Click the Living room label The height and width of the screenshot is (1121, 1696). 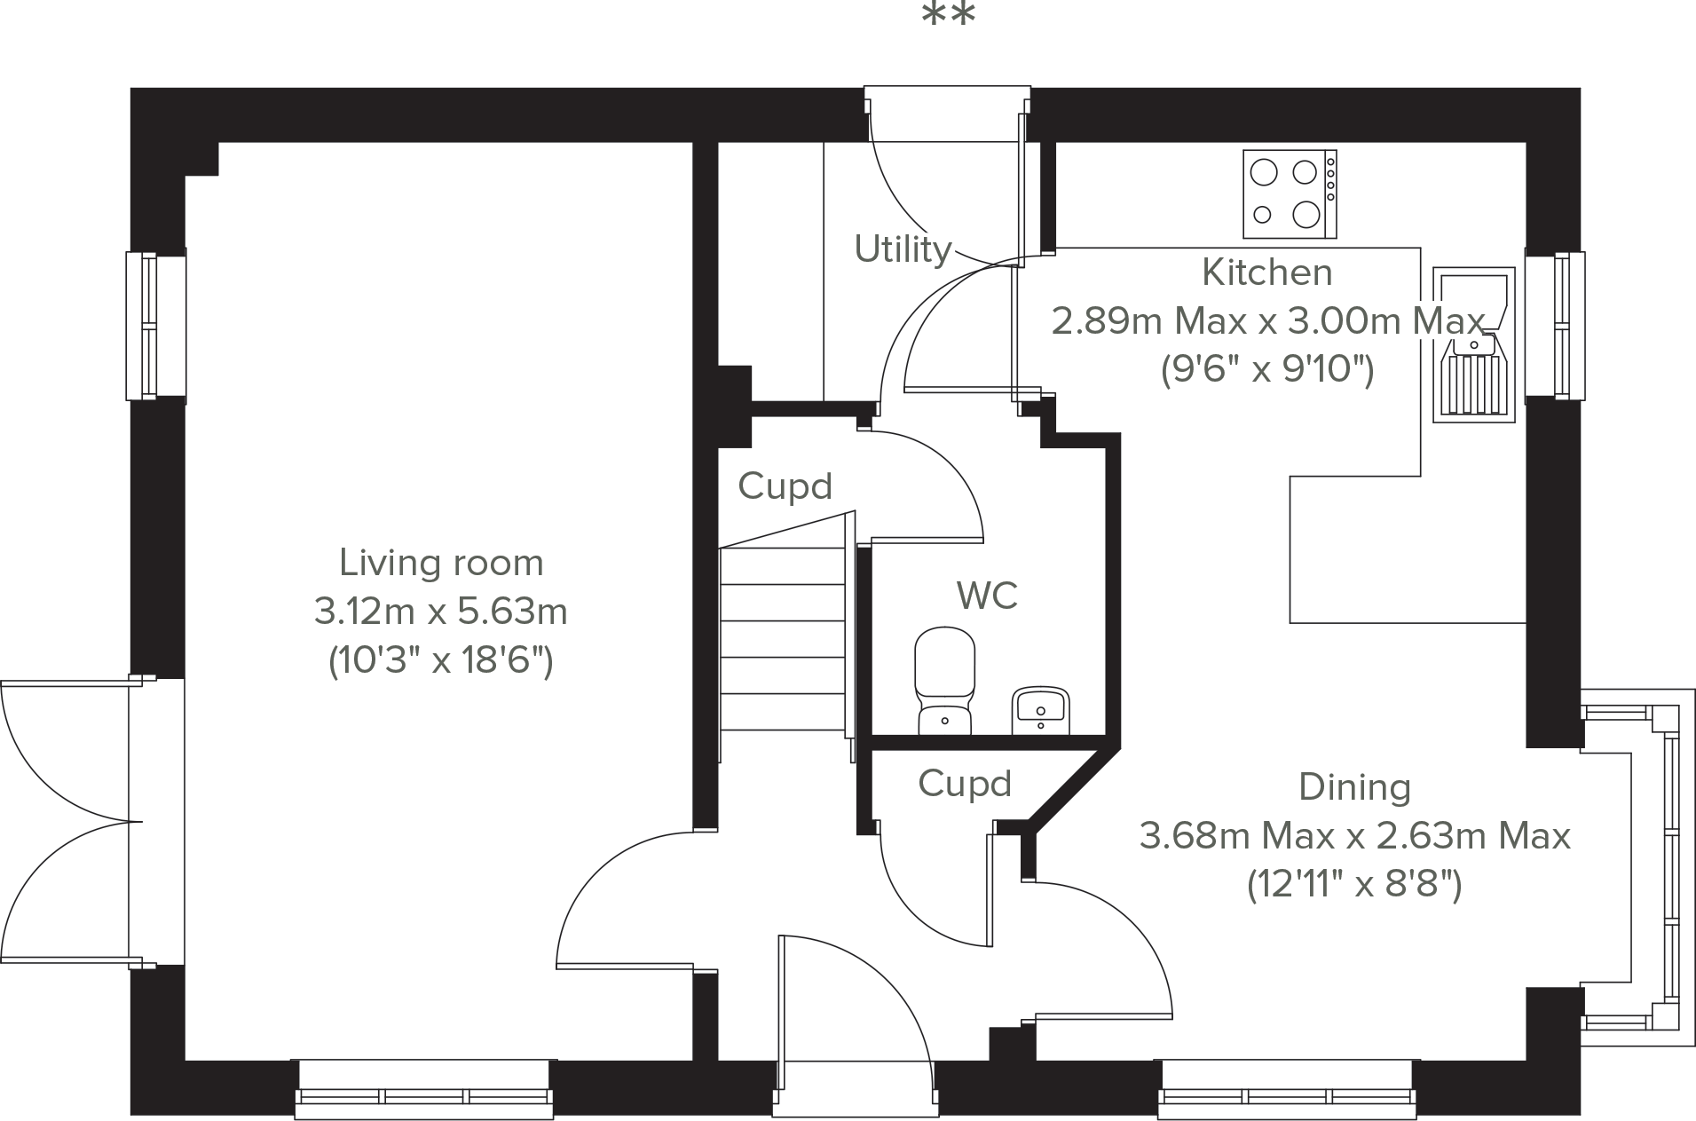click(441, 563)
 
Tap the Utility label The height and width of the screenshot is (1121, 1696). click(903, 249)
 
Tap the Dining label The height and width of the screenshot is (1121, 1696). click(1354, 787)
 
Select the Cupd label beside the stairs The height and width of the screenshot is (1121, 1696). click(785, 486)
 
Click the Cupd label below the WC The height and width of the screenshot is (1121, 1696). click(965, 784)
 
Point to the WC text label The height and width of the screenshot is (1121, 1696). click(987, 596)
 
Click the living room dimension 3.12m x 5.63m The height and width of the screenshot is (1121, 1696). click(441, 612)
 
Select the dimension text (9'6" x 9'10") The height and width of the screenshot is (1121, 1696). click(1267, 368)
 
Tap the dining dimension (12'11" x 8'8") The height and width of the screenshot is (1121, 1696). click(1354, 884)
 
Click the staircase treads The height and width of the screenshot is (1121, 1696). click(782, 639)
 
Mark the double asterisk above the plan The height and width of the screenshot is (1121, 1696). click(949, 15)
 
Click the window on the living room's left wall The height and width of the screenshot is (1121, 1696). click(155, 326)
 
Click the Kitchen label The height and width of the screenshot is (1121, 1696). click(1267, 272)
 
